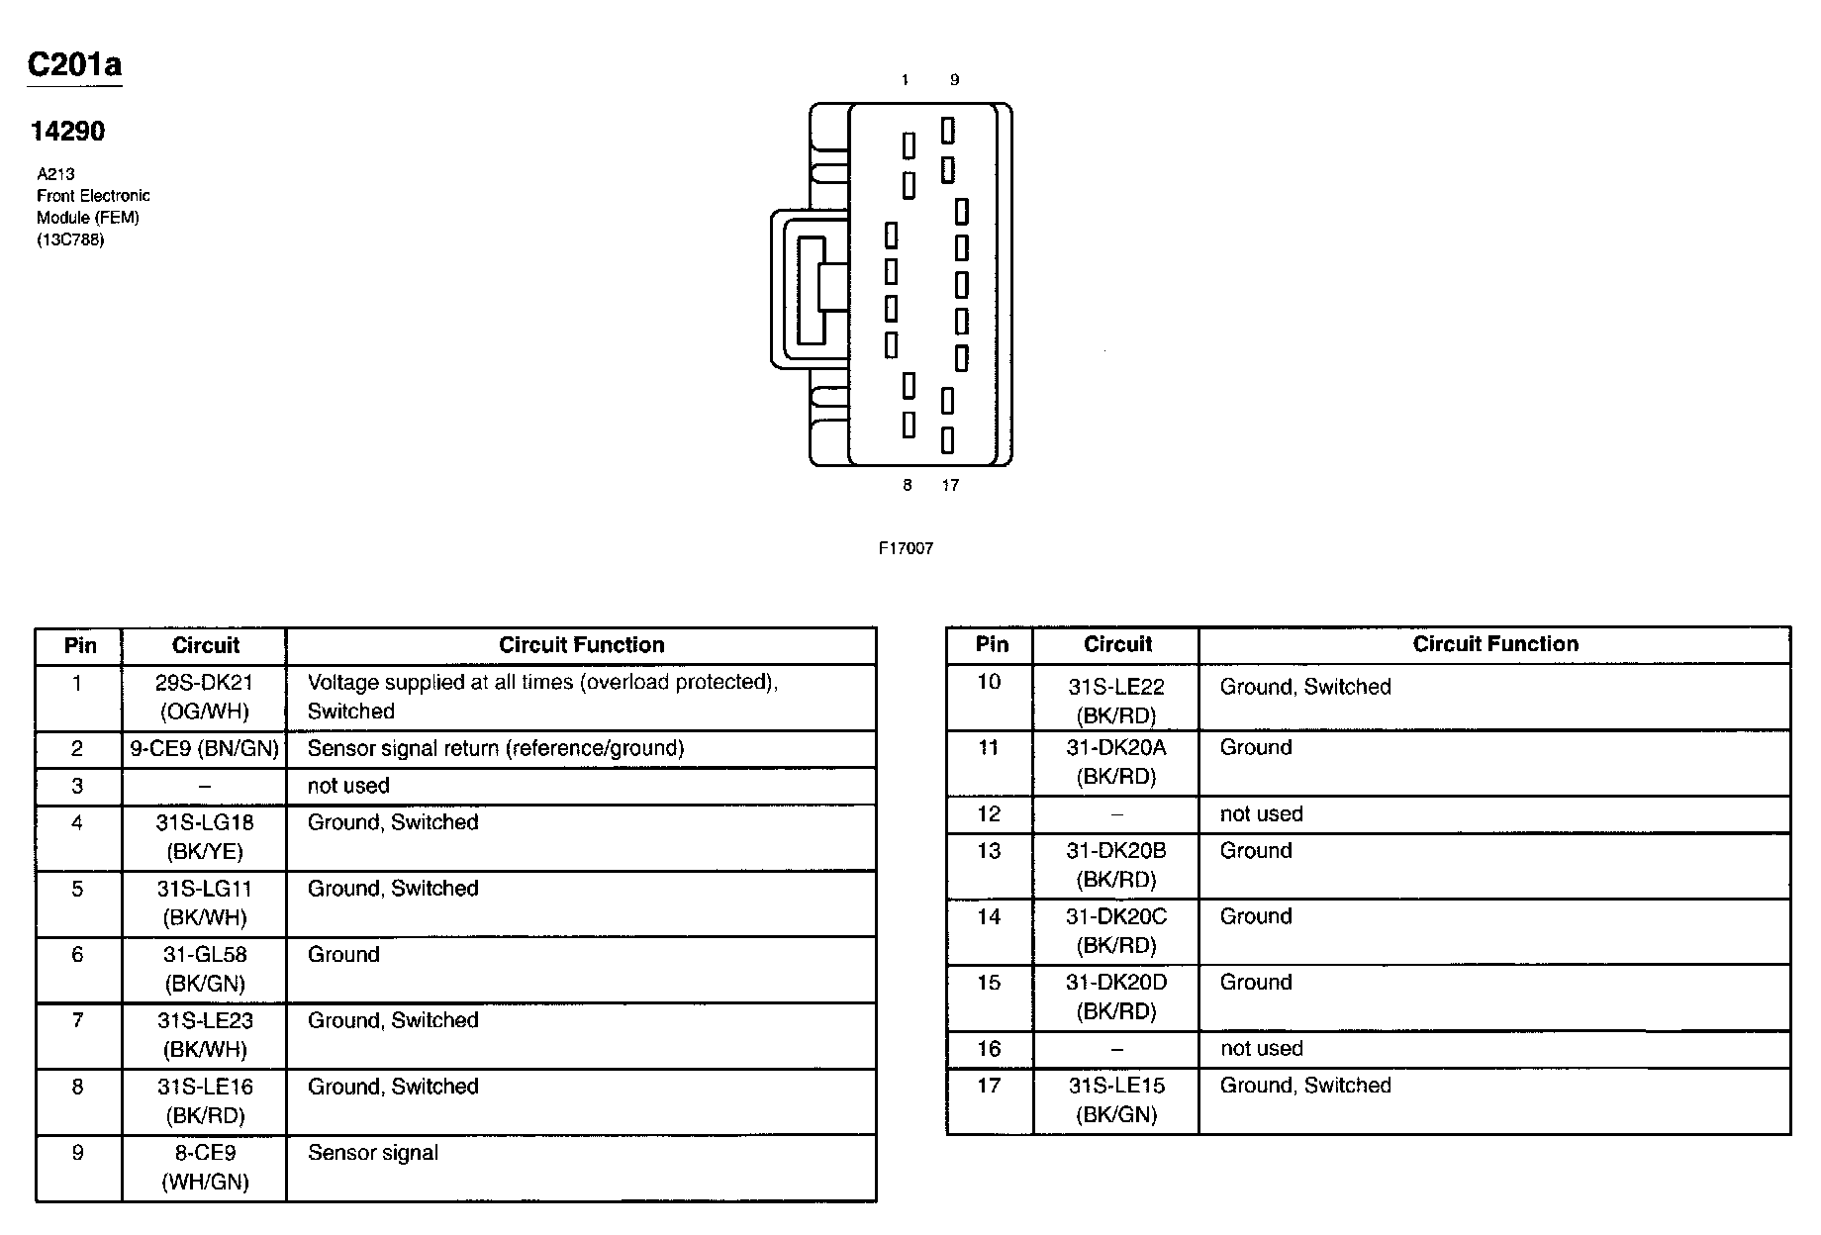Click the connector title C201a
tap(74, 65)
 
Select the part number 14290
tap(67, 132)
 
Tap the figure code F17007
tap(906, 548)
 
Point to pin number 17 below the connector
tap(950, 485)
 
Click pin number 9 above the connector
tap(954, 80)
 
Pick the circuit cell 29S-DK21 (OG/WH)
tap(205, 697)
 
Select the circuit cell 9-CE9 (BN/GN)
tap(205, 748)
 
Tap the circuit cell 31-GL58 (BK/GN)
tap(205, 969)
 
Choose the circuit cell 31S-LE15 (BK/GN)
tap(1116, 1099)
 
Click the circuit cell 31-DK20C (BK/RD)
tap(1116, 931)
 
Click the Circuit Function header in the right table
tap(1494, 644)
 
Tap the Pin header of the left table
tap(80, 646)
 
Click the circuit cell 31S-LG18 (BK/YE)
tap(205, 837)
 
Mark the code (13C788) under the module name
tap(70, 239)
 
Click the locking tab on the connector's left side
tap(810, 289)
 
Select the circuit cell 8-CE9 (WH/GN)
tap(205, 1167)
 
